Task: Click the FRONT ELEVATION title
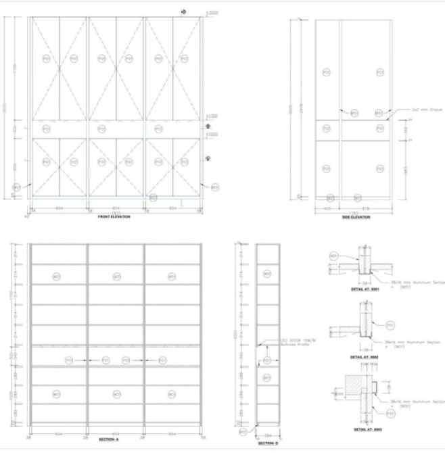coord(114,216)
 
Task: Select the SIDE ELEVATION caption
coord(356,216)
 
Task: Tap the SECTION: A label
coord(108,439)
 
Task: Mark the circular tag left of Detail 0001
coord(333,256)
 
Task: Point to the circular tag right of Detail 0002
coord(390,325)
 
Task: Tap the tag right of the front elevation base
coord(215,187)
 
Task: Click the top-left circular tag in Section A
coord(60,276)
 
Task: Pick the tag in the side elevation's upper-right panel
coord(380,72)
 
